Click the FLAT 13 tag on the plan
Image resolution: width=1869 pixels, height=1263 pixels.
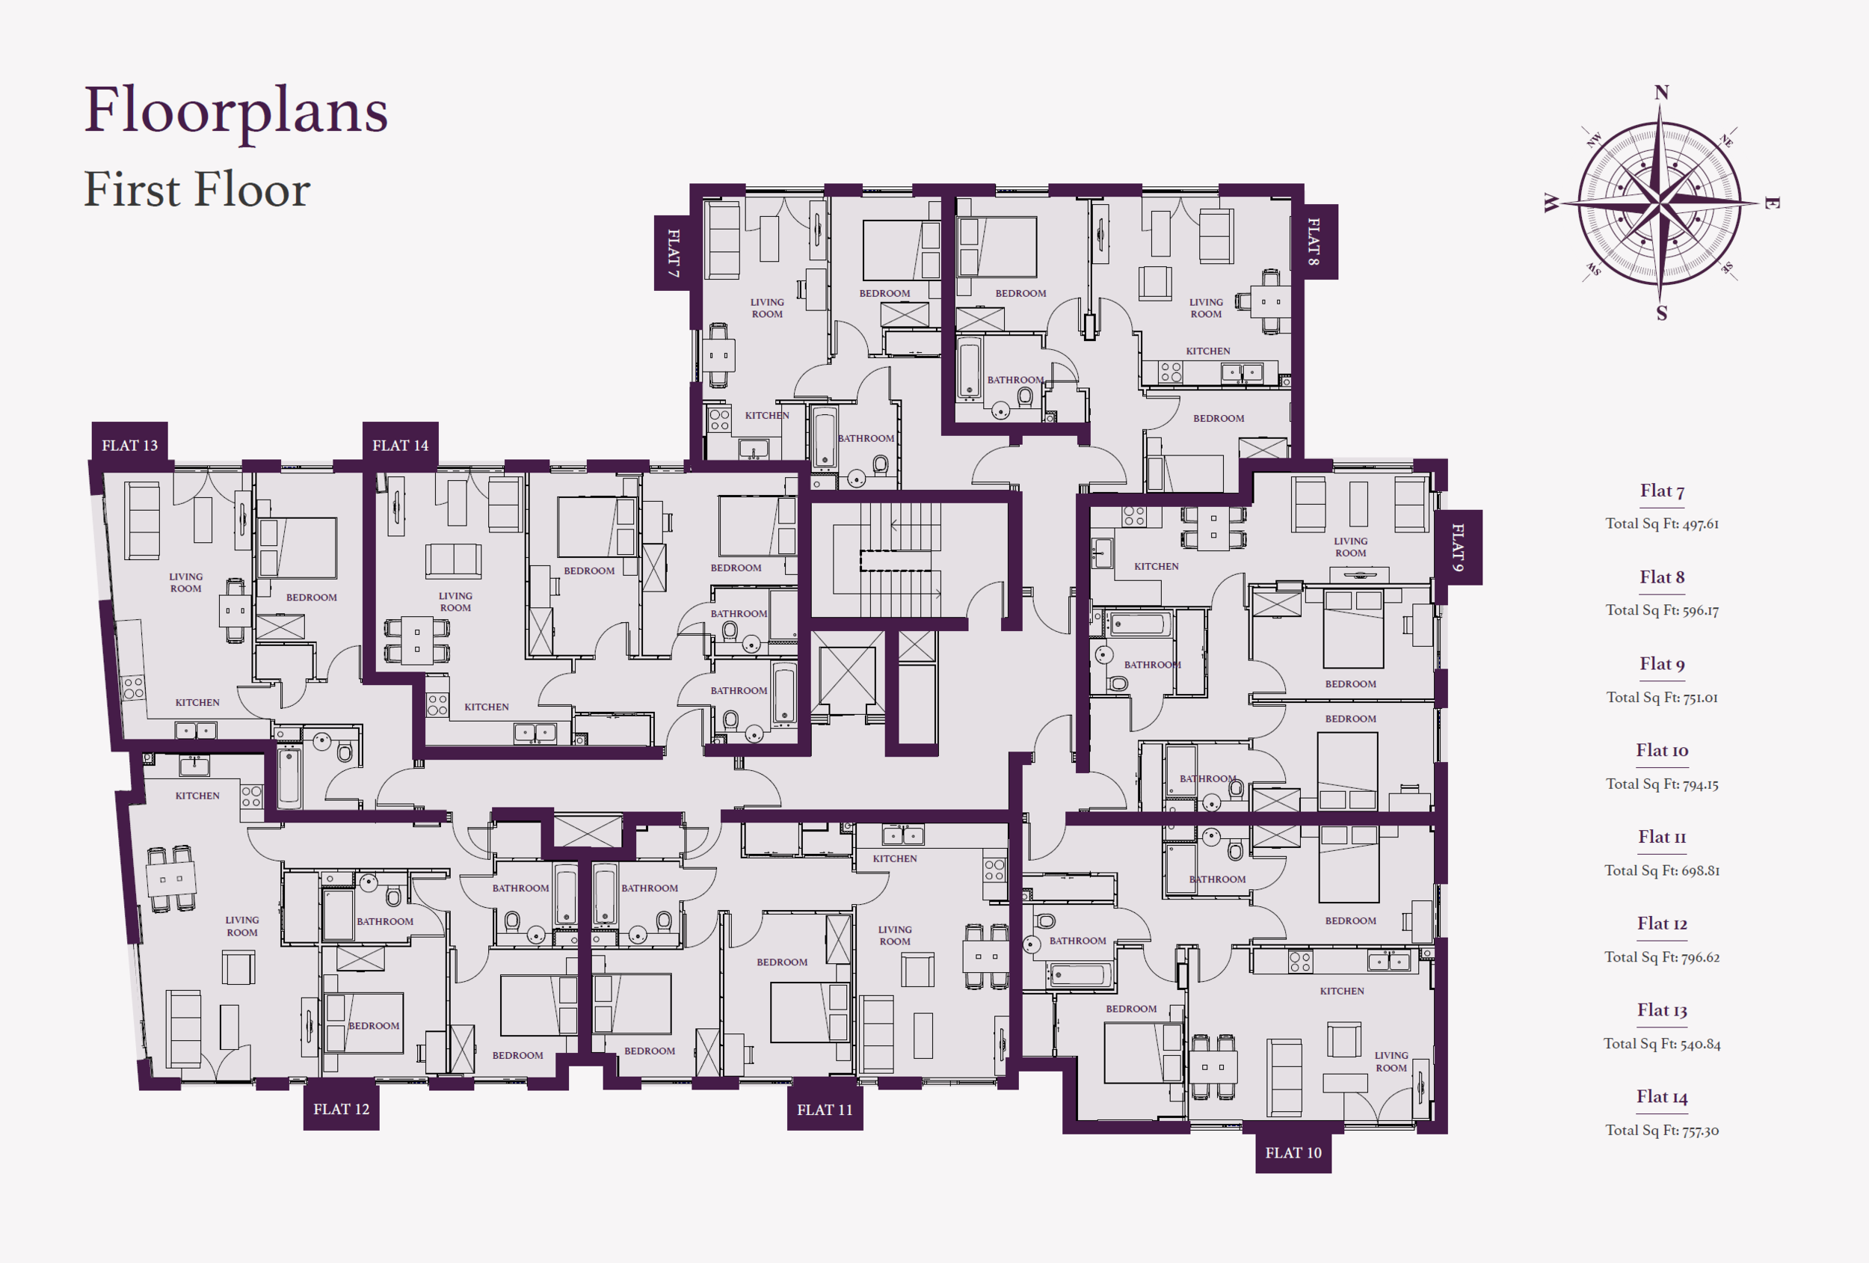[x=129, y=445]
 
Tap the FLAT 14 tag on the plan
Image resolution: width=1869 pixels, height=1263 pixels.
[x=401, y=445]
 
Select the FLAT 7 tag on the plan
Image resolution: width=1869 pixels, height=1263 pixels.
[x=673, y=253]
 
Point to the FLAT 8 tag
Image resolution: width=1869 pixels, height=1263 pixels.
[x=1314, y=242]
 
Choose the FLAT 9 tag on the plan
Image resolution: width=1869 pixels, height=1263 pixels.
[x=1458, y=547]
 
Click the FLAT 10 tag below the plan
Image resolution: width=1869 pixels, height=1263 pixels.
[x=1293, y=1153]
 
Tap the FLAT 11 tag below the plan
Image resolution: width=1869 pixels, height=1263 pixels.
[x=825, y=1110]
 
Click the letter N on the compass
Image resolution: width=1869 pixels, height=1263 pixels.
[x=1661, y=93]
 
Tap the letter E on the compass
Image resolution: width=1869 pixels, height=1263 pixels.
[x=1772, y=203]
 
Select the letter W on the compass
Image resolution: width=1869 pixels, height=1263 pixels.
[x=1551, y=203]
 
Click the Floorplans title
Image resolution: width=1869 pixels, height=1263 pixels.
[x=236, y=111]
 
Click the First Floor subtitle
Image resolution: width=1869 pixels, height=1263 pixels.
[x=197, y=190]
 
